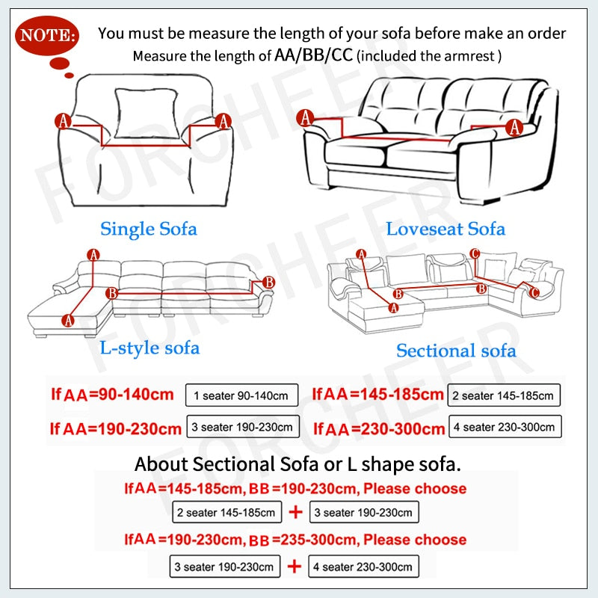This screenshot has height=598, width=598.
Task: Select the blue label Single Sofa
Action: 149,228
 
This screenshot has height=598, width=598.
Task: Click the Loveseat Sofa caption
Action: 446,229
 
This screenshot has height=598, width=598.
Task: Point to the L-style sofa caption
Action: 149,348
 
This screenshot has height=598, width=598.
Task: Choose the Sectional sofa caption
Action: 456,350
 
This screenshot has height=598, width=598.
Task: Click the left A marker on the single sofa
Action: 63,120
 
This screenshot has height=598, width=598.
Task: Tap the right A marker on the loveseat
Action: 514,127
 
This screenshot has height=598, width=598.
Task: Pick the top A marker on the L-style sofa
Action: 93,255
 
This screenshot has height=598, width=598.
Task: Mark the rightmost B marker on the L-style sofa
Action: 269,282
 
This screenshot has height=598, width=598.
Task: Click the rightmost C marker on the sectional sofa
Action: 534,293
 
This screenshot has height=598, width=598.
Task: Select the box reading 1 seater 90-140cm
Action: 241,395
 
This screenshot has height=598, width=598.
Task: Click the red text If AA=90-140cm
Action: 112,394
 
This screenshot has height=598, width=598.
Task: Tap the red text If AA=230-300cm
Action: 379,429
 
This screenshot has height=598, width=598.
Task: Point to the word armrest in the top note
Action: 474,55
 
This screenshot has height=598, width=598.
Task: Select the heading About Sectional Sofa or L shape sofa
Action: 298,464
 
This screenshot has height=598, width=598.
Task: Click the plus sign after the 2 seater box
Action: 296,512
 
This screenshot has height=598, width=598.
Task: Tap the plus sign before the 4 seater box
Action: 296,565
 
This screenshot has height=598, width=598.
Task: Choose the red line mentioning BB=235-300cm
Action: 295,539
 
